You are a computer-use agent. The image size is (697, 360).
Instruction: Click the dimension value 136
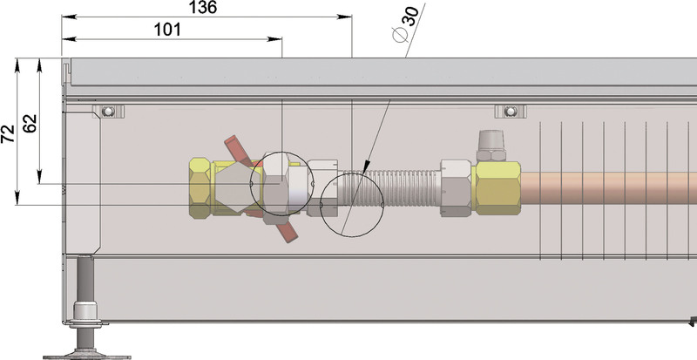(203, 7)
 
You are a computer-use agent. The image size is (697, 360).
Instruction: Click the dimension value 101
(167, 30)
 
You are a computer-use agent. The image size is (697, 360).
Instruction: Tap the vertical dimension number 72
(8, 133)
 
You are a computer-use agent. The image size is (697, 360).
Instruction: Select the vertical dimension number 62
(30, 124)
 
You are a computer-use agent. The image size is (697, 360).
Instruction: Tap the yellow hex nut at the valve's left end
(200, 187)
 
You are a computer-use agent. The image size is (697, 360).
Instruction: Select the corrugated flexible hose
(389, 187)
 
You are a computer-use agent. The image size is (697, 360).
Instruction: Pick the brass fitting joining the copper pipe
(497, 188)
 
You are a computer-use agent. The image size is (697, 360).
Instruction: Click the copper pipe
(608, 188)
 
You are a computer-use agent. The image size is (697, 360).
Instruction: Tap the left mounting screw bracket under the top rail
(108, 112)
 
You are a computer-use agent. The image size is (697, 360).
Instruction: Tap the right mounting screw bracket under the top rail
(511, 112)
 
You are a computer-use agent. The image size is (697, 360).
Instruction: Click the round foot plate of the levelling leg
(86, 356)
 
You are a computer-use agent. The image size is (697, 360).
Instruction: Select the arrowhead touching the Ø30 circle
(365, 167)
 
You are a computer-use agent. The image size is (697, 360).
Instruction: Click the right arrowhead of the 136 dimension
(345, 17)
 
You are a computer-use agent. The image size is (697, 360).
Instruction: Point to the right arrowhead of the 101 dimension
(274, 39)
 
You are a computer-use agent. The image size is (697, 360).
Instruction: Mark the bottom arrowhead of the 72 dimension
(17, 198)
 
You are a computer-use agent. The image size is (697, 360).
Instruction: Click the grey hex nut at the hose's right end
(456, 188)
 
